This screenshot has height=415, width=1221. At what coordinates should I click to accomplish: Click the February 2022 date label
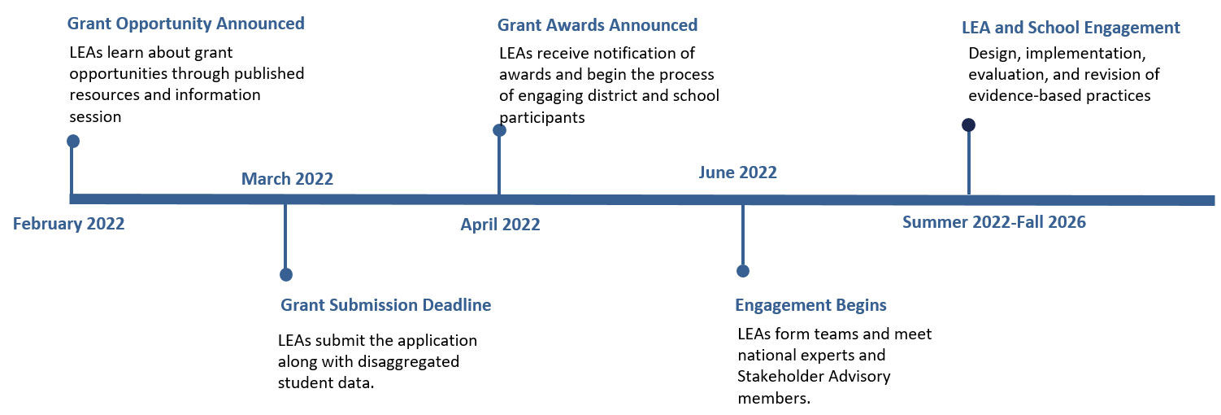click(x=68, y=224)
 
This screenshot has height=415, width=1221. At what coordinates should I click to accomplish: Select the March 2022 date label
click(x=287, y=179)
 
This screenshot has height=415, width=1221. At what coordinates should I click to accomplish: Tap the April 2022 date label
click(x=501, y=225)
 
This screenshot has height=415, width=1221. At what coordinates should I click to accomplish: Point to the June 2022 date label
click(x=738, y=173)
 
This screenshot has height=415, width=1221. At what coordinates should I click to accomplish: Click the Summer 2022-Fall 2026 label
click(x=994, y=222)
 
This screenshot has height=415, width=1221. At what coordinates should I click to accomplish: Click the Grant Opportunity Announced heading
click(x=186, y=24)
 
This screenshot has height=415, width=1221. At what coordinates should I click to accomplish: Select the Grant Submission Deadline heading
click(x=386, y=305)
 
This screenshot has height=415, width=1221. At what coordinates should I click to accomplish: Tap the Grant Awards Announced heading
click(x=597, y=25)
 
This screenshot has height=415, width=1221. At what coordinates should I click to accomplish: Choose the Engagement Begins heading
click(x=811, y=305)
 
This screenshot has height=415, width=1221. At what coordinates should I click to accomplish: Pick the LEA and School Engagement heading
click(x=1071, y=28)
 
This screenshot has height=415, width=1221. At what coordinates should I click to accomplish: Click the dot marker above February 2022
click(x=73, y=142)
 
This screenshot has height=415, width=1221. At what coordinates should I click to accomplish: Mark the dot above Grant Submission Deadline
click(x=286, y=274)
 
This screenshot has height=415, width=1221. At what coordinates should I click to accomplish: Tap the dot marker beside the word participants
click(x=499, y=130)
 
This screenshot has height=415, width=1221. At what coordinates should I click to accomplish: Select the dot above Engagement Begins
click(x=743, y=271)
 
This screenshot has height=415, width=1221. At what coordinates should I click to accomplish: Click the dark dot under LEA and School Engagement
click(x=969, y=124)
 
